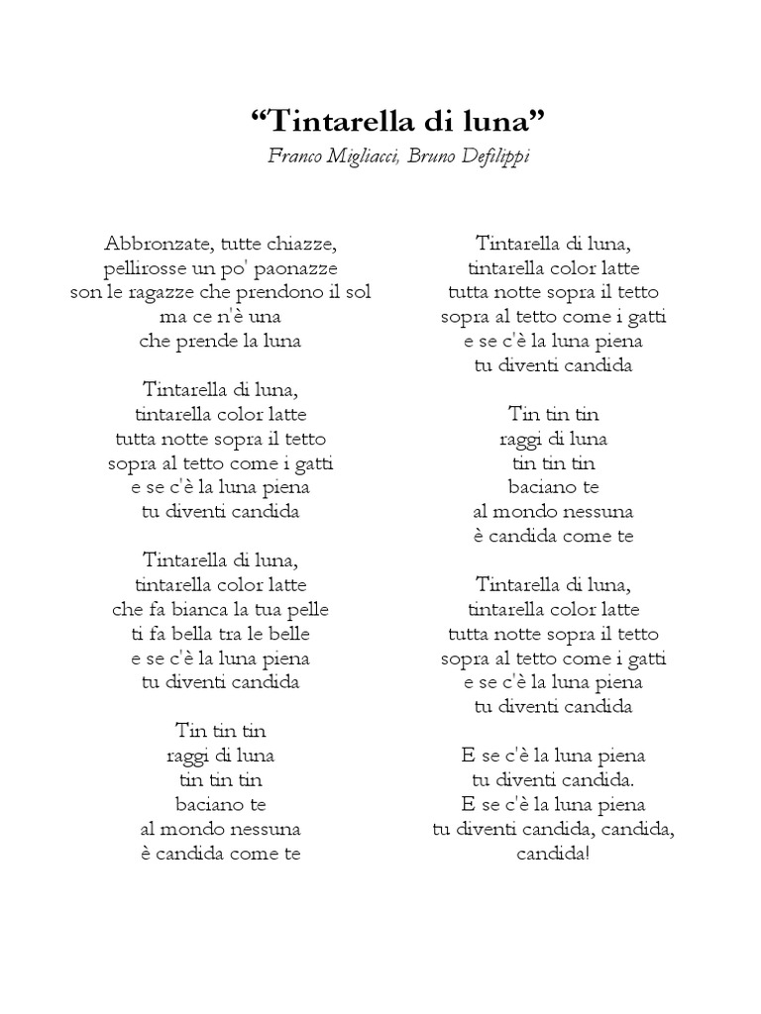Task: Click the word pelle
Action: pos(304,609)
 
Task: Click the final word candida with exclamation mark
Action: pos(553,853)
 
